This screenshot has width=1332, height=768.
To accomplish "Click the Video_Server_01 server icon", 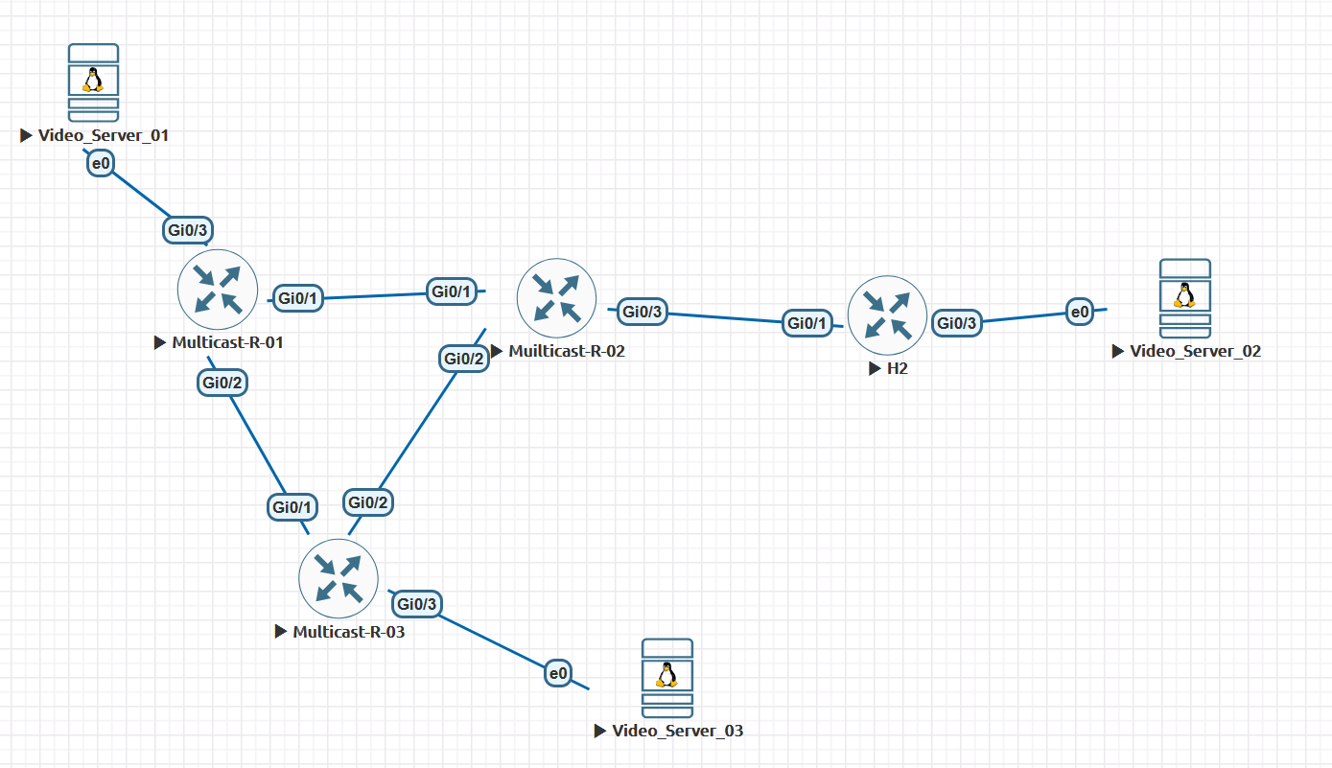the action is point(93,82).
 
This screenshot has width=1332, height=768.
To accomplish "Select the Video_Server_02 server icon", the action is point(1185,298).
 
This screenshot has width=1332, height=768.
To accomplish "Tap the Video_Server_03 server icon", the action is point(667,678).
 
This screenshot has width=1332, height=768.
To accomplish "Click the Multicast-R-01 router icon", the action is point(218,290).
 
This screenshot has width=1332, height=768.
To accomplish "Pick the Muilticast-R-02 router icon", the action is point(556,298).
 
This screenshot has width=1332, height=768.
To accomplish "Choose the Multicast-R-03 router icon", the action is point(339,579).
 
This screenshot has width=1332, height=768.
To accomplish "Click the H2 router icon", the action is point(887,315).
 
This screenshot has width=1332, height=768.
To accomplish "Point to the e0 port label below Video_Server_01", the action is point(101,163).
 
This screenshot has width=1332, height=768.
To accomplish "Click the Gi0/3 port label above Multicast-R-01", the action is point(188,230).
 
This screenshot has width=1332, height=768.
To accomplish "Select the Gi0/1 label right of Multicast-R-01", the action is point(298,298).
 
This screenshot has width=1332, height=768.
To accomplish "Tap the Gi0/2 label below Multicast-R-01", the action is point(222,383).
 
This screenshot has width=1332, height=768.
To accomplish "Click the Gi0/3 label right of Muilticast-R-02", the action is point(643,312).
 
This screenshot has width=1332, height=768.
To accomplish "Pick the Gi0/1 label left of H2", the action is point(806,323).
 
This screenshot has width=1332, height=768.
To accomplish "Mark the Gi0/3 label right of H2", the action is point(957,323).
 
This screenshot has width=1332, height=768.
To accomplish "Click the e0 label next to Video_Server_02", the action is point(1080,312).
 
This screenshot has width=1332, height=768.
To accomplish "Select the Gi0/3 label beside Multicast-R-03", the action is point(417,604).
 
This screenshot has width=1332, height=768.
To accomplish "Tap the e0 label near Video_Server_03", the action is point(558,673).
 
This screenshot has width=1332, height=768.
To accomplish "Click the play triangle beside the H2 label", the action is point(875,368).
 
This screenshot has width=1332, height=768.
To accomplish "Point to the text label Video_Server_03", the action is point(678,731).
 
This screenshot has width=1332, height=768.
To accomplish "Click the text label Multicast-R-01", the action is point(227,342).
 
